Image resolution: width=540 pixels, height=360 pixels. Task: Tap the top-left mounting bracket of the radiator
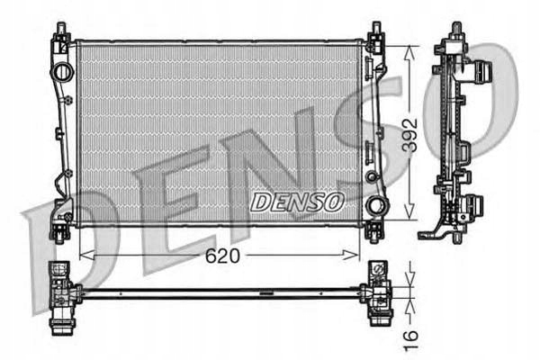pyautogui.click(x=62, y=39)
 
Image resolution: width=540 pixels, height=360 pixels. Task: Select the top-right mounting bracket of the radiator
pyautogui.click(x=373, y=39)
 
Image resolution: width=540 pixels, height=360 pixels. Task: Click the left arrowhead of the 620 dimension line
pyautogui.click(x=85, y=256)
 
